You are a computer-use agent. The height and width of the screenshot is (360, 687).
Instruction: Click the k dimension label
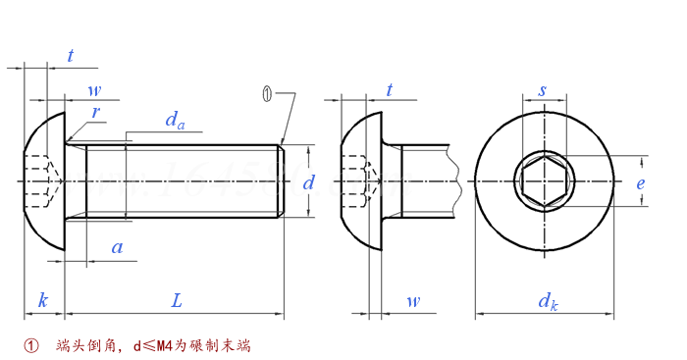42,300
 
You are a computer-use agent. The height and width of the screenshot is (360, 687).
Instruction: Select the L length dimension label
177,300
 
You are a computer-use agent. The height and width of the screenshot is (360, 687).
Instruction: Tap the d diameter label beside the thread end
308,182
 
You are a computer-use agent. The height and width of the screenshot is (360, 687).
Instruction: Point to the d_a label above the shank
175,121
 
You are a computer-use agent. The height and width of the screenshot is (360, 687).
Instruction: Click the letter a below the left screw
117,248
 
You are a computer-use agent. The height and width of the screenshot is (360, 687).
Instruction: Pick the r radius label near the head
95,112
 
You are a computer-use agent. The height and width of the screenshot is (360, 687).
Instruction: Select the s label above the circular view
543,90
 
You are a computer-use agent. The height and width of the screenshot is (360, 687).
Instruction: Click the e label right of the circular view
640,182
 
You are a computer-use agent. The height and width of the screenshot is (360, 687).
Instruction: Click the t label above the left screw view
70,56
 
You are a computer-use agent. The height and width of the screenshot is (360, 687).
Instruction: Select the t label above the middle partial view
390,90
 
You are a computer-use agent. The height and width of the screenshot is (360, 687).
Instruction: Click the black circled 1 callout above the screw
266,93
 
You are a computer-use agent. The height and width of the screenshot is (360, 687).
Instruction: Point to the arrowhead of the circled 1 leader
282,142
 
